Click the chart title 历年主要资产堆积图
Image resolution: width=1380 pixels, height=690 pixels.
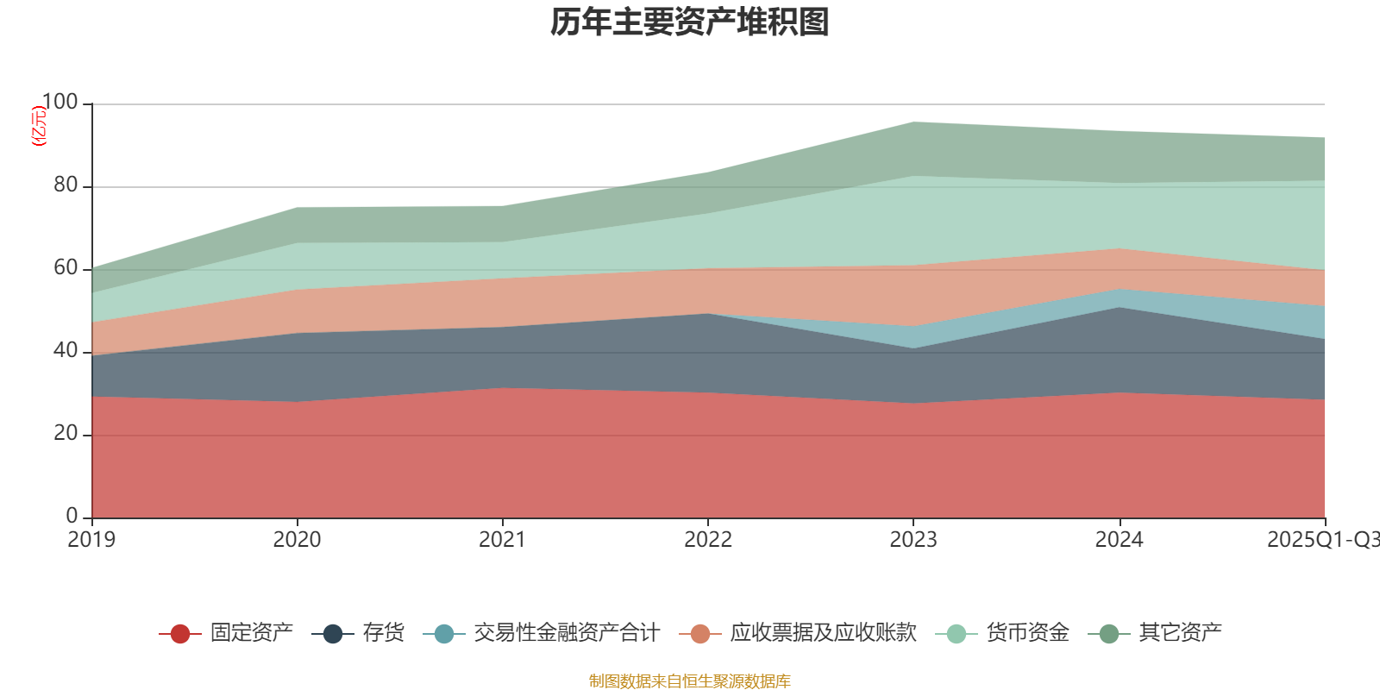(690, 22)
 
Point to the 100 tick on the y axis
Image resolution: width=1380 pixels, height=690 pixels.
(60, 103)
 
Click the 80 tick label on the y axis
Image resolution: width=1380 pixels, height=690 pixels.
(66, 185)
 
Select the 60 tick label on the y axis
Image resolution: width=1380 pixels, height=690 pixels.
(66, 268)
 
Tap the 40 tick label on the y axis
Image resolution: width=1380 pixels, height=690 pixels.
(66, 351)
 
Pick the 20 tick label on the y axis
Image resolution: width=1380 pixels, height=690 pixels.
(66, 434)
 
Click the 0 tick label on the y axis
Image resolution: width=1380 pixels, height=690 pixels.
(72, 516)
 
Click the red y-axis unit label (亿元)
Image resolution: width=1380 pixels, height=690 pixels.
(39, 126)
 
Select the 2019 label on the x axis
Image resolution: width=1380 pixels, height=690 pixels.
(91, 540)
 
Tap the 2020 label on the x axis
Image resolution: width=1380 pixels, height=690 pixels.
(297, 540)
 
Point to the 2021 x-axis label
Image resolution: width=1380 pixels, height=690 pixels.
(502, 540)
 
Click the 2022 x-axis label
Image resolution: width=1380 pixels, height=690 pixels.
(707, 540)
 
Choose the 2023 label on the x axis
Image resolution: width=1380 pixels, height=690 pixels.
(913, 540)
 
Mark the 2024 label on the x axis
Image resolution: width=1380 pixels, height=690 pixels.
(1119, 540)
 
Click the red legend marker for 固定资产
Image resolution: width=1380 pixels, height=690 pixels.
(180, 634)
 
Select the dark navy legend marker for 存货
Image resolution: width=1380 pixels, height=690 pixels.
(333, 634)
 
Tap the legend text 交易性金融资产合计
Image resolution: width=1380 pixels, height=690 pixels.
(567, 633)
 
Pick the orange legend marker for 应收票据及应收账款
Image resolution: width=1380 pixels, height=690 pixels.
(700, 634)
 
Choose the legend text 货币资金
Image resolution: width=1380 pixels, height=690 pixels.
(1027, 633)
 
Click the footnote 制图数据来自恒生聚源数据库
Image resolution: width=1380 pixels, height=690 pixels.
(690, 681)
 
